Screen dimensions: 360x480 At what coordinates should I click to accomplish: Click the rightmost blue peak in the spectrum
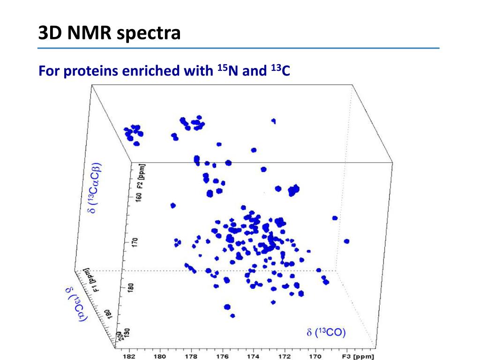click(346, 241)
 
